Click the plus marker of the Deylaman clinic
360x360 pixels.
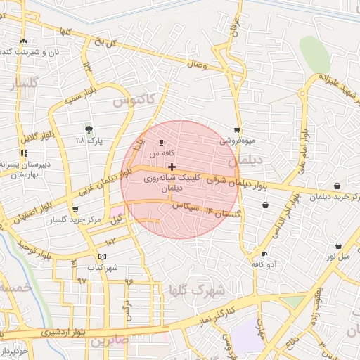tap(172, 167)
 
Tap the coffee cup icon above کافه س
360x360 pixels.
tap(163, 143)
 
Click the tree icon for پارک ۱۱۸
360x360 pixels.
tap(89, 129)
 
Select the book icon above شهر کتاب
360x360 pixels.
tap(103, 257)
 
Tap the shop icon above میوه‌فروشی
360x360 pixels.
tap(237, 130)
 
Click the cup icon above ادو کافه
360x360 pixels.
tap(264, 254)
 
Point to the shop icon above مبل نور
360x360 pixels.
tap(338, 246)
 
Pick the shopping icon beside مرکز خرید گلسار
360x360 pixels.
tap(75, 210)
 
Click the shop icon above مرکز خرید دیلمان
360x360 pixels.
tap(337, 186)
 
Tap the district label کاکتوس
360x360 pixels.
tap(131, 102)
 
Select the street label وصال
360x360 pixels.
tap(196, 65)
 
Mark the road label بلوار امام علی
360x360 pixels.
tap(303, 148)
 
